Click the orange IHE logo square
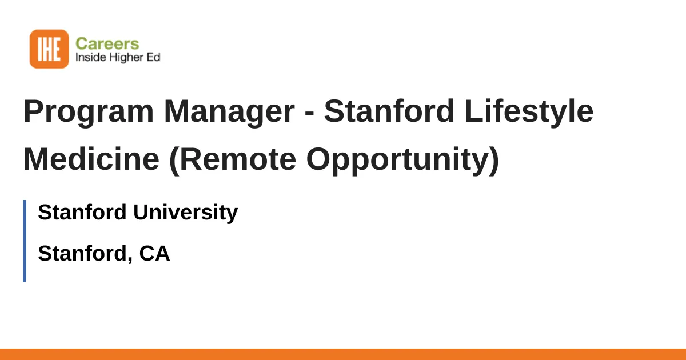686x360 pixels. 49,49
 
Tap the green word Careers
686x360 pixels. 107,44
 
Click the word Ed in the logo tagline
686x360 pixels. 153,57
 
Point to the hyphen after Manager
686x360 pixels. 310,113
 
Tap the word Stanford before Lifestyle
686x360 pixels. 389,111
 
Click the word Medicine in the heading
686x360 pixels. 91,159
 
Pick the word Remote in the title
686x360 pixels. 238,159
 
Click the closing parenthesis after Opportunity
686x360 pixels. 494,161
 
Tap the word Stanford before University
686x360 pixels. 82,212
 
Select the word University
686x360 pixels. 186,213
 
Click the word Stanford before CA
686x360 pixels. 85,254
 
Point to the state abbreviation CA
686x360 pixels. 154,254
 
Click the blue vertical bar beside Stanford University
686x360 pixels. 25,241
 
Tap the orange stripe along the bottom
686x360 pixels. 343,354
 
